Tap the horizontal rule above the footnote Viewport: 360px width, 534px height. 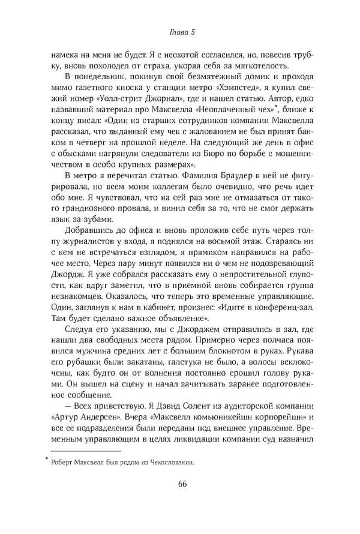click(x=86, y=450)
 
